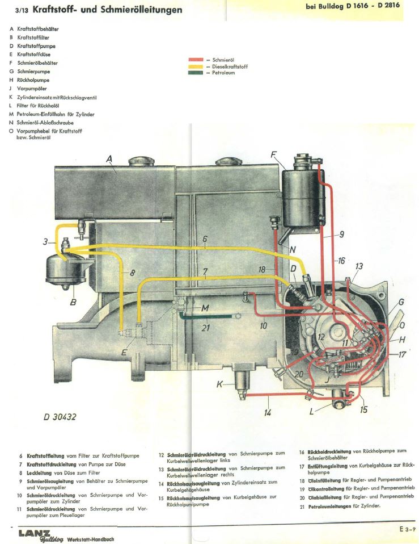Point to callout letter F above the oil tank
point(274,154)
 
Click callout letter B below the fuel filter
point(73,302)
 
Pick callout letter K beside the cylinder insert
point(220,385)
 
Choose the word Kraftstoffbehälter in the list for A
point(37,28)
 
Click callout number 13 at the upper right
point(359,267)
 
